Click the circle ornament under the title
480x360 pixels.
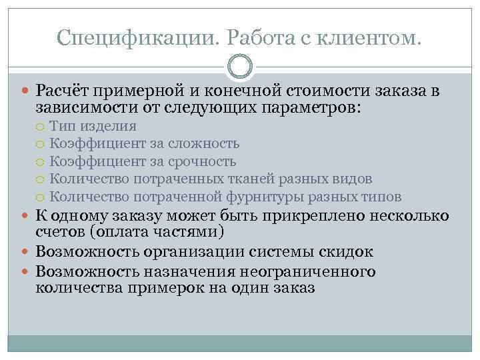click(x=240, y=67)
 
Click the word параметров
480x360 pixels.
click(x=301, y=107)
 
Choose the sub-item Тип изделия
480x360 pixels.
click(x=93, y=126)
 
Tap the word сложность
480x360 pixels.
click(x=205, y=143)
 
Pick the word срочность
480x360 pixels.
click(x=203, y=161)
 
